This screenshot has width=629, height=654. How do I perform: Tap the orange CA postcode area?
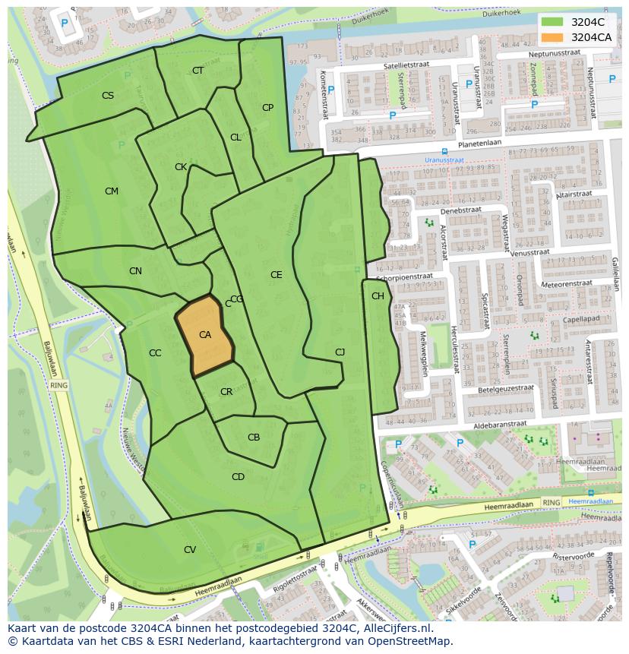pyautogui.click(x=204, y=335)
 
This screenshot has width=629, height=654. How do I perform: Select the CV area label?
pyautogui.click(x=190, y=549)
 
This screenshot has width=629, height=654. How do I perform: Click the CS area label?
pyautogui.click(x=108, y=96)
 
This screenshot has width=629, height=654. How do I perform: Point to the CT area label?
pyautogui.click(x=198, y=71)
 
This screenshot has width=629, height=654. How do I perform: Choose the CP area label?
pyautogui.click(x=267, y=108)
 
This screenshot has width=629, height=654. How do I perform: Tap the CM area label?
pyautogui.click(x=112, y=191)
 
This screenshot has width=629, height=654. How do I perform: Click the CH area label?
pyautogui.click(x=378, y=296)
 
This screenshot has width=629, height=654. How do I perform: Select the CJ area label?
pyautogui.click(x=340, y=352)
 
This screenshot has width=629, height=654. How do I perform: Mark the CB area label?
pyautogui.click(x=254, y=438)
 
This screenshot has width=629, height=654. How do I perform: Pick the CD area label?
pyautogui.click(x=238, y=477)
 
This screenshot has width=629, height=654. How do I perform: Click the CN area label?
pyautogui.click(x=135, y=271)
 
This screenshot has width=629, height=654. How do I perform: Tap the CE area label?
pyautogui.click(x=277, y=275)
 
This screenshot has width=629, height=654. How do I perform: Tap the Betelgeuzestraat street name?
pyautogui.click(x=506, y=388)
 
